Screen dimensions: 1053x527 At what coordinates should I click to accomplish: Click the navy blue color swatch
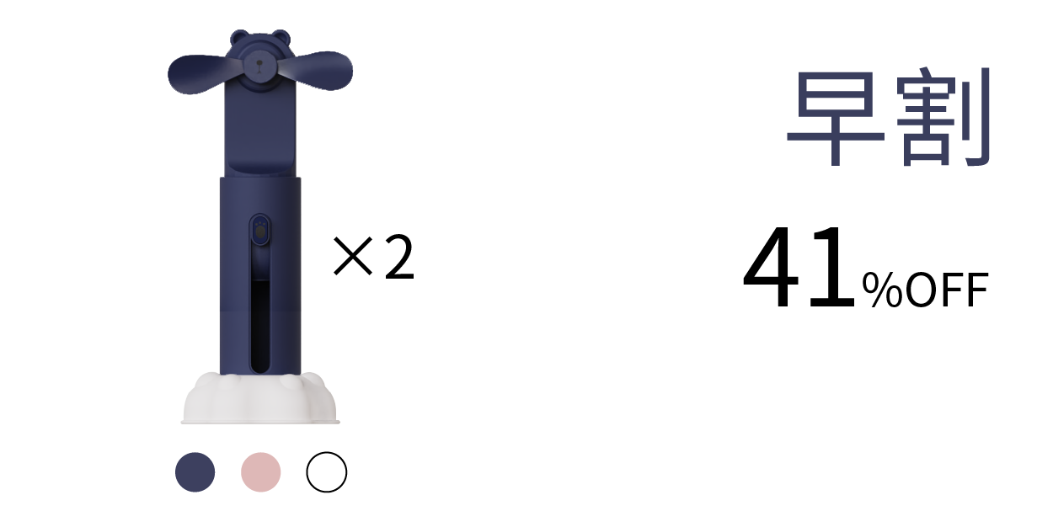point(195,472)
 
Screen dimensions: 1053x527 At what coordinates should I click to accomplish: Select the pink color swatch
point(261,472)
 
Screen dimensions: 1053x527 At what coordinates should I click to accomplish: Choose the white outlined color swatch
point(327,472)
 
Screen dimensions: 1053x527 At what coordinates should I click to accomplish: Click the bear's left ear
point(240,37)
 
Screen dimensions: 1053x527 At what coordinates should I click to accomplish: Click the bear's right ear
point(281,37)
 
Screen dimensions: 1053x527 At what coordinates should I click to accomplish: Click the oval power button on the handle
point(260,230)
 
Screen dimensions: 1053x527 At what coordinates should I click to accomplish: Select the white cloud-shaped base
point(260,398)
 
